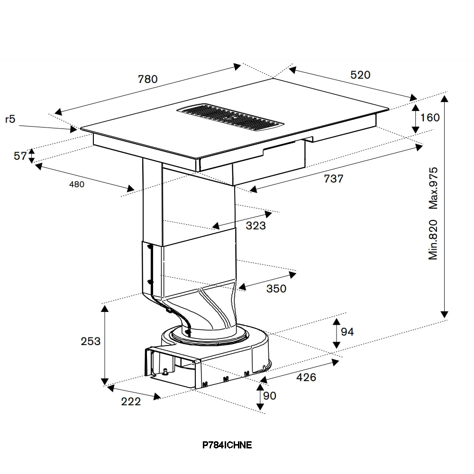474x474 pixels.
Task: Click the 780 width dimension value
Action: click(148, 79)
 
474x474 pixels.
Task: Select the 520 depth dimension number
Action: click(360, 75)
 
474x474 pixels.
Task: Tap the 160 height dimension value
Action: click(430, 117)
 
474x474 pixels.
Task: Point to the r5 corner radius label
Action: click(10, 119)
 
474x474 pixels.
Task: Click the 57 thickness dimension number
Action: click(20, 156)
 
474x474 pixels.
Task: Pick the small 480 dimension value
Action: click(77, 184)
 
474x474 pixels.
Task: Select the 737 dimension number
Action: click(333, 179)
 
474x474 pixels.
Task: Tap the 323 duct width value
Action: click(256, 226)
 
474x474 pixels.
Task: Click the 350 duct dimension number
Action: click(276, 289)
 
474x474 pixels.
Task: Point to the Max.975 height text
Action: click(433, 188)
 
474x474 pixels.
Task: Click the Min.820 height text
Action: click(433, 240)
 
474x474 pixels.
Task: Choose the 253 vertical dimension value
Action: click(91, 341)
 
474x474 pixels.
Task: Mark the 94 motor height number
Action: click(347, 332)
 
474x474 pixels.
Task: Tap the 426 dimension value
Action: click(306, 377)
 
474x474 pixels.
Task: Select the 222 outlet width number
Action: click(131, 401)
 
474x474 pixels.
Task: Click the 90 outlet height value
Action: click(270, 396)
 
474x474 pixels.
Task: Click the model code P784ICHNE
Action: click(227, 445)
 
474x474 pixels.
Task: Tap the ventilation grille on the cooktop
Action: click(230, 118)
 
